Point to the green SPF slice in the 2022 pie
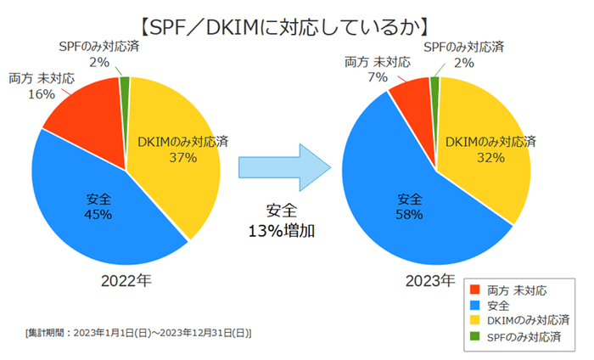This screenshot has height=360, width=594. click(126, 82)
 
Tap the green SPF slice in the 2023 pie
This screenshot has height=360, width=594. click(435, 82)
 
